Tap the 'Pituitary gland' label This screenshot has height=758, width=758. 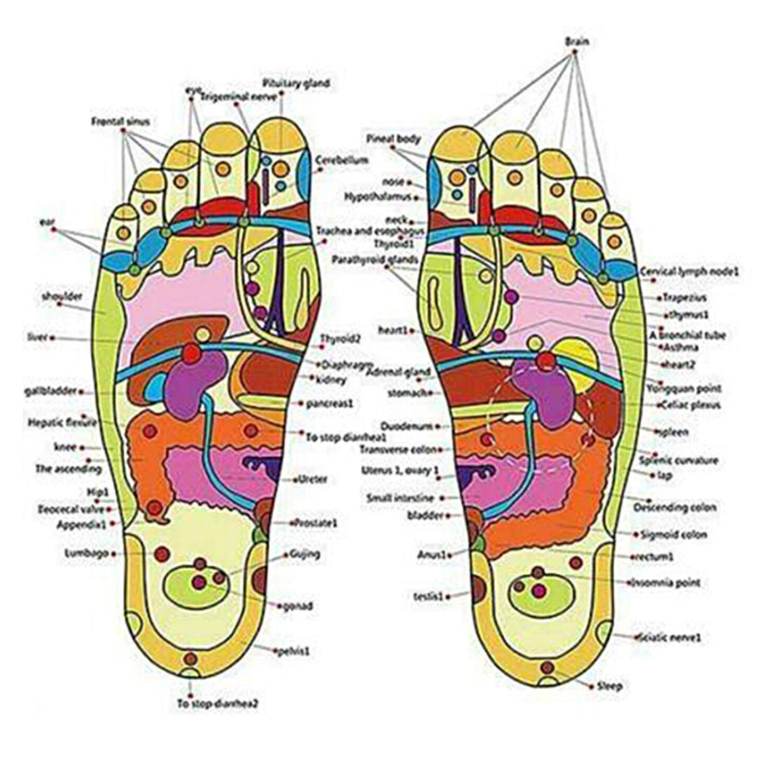[296, 83]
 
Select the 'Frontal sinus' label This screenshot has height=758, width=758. [121, 121]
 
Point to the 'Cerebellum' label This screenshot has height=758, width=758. [343, 161]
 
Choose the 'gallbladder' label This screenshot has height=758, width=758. [51, 392]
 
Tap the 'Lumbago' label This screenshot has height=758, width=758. [86, 553]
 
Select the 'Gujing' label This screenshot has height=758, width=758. [305, 554]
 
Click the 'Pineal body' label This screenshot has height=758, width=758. [393, 139]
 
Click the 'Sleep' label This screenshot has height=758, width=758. [609, 687]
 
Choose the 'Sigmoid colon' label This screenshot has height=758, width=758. [674, 534]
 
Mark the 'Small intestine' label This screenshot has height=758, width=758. [400, 498]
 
